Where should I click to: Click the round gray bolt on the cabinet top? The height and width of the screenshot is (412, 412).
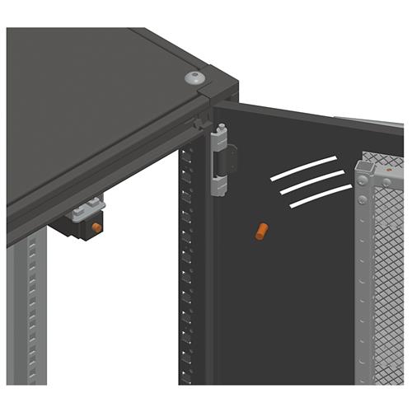click(193, 77)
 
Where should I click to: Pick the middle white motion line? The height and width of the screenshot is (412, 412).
click(311, 181)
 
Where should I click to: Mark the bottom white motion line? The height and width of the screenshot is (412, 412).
click(316, 196)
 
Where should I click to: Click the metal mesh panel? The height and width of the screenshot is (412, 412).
click(387, 272)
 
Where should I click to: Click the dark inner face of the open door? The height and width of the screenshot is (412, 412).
click(288, 305)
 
